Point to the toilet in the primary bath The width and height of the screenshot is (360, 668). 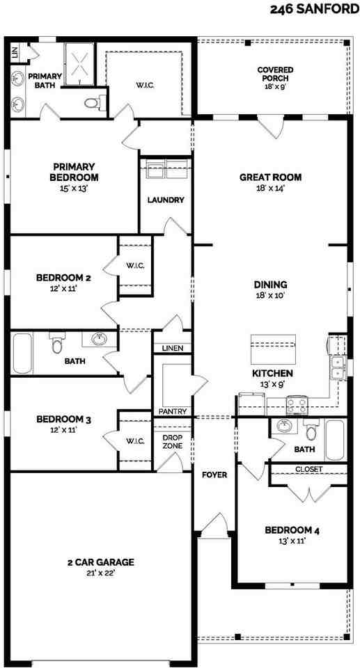(91, 104)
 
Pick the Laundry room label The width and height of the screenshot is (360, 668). (166, 200)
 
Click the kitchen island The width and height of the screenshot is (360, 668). (273, 344)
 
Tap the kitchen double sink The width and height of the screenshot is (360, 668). (338, 367)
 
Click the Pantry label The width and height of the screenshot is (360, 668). (172, 411)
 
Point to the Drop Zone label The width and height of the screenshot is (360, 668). (172, 442)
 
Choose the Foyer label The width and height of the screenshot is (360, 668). (214, 475)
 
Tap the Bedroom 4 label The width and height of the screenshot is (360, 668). (292, 531)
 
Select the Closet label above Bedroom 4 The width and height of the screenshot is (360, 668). (308, 470)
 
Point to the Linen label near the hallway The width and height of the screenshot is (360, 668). (172, 347)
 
